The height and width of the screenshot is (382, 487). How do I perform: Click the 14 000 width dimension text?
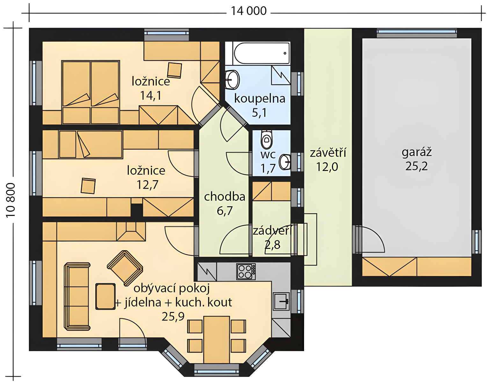pyautogui.click(x=249, y=11)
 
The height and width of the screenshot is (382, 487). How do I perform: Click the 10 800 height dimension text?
pyautogui.click(x=10, y=200)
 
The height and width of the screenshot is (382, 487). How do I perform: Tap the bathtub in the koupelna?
pyautogui.click(x=262, y=53)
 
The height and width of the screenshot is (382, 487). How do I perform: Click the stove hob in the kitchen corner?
pyautogui.click(x=246, y=272)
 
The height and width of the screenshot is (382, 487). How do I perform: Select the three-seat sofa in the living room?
pyautogui.click(x=77, y=296)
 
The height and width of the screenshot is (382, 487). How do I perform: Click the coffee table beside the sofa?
pyautogui.click(x=105, y=296)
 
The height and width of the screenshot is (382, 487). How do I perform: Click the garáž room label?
pyautogui.click(x=417, y=152)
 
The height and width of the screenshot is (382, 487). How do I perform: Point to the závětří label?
pyautogui.click(x=328, y=153)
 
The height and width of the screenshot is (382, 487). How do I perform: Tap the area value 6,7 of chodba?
pyautogui.click(x=225, y=211)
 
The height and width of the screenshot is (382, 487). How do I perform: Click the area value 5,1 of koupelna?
pyautogui.click(x=259, y=113)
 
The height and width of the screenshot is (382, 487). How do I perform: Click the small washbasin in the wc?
pyautogui.click(x=285, y=161)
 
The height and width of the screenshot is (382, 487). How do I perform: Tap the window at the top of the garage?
pyautogui.click(x=417, y=33)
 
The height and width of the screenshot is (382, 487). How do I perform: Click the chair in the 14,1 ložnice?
pyautogui.click(x=175, y=70)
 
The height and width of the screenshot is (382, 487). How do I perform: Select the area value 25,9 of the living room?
pyautogui.click(x=173, y=316)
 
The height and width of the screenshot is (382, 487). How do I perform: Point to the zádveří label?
pyautogui.click(x=272, y=231)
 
